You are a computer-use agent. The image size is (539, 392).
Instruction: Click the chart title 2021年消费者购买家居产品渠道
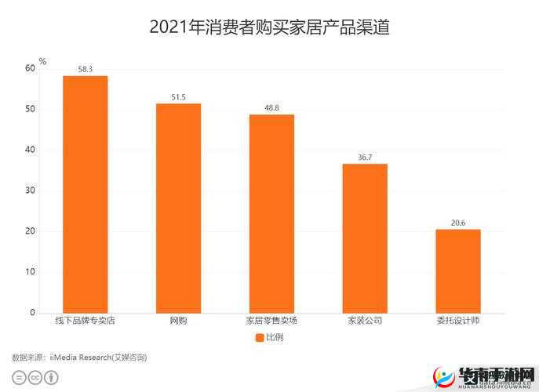point(269,27)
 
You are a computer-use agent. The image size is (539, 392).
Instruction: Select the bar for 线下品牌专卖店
point(85,194)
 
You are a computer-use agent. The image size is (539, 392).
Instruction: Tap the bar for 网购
point(178,209)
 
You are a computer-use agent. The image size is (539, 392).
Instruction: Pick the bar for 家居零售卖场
point(271,214)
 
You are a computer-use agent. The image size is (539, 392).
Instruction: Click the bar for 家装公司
point(365,238)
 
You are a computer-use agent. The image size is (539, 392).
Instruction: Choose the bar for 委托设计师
point(458,271)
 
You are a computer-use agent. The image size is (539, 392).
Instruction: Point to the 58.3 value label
point(85,70)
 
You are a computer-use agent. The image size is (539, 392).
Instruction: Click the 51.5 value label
point(178,97)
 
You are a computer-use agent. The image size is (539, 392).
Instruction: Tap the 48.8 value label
point(271,108)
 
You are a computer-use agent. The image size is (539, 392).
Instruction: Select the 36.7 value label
point(365,158)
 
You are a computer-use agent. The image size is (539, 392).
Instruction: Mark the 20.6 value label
point(458,223)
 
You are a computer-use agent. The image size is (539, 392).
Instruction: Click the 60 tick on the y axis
point(31,68)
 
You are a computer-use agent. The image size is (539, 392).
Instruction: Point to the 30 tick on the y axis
point(31,191)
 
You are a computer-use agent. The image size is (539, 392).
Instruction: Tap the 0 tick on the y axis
point(33,313)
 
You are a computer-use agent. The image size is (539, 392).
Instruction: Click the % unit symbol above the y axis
point(42,61)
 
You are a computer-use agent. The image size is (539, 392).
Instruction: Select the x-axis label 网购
point(178,321)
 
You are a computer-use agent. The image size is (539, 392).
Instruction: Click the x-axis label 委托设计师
point(458,321)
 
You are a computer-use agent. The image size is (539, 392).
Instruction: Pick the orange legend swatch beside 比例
point(260,338)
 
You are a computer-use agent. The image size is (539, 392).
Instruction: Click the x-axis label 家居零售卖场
point(271,321)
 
